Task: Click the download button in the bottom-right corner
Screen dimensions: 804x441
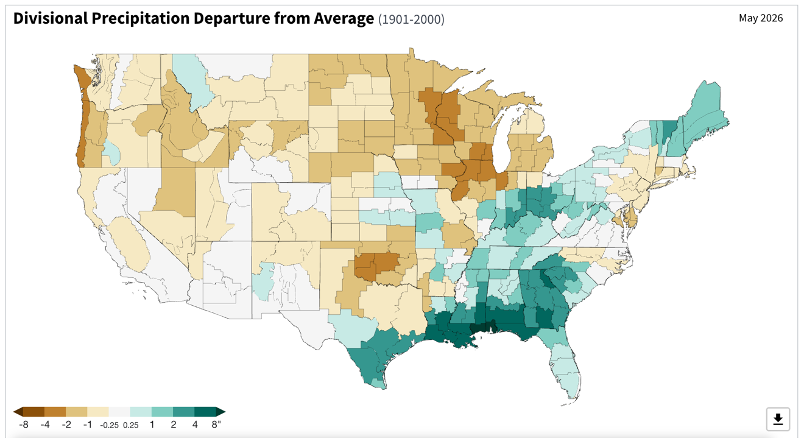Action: point(778,418)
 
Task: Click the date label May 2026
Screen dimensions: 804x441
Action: point(761,18)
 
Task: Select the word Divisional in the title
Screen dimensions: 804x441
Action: point(50,18)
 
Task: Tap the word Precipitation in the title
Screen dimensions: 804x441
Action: point(140,19)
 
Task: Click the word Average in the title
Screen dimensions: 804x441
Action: point(344,19)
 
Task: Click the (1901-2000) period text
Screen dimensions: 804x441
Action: point(411,19)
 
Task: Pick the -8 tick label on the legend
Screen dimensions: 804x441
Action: point(23,425)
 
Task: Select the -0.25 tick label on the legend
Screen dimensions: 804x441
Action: point(109,425)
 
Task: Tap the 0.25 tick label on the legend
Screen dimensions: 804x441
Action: point(130,425)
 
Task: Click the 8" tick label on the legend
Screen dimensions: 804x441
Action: point(216,425)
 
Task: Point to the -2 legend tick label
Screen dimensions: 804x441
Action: point(66,425)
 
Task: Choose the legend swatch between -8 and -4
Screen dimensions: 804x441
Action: point(33,412)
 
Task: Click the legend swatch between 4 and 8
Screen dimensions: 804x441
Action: point(205,412)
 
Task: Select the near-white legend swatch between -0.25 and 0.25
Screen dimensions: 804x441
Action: point(119,412)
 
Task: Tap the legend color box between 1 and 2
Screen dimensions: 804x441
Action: point(162,412)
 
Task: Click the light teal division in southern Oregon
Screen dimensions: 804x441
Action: point(112,152)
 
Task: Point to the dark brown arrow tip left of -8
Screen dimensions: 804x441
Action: point(14,412)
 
